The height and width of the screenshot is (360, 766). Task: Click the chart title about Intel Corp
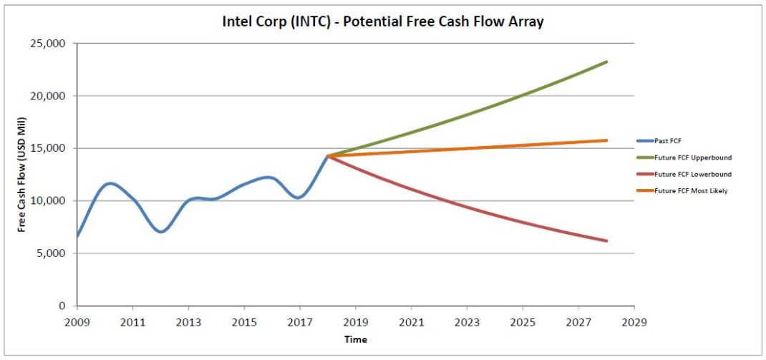coord(383,21)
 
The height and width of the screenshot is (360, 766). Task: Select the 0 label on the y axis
coord(63,306)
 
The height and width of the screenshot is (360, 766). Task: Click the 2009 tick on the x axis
coord(77,322)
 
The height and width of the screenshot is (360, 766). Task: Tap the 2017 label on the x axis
coord(300,322)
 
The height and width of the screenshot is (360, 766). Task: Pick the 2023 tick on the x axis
coord(467,322)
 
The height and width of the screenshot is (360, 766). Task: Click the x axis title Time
coord(356,339)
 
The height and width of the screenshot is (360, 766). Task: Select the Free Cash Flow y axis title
coord(22,175)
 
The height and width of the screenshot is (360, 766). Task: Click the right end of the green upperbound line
coord(606,62)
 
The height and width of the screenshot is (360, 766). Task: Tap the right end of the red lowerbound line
coord(606,240)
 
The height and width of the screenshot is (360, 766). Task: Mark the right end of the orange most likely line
coord(606,140)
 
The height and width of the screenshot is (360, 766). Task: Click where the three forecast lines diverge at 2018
coord(328,156)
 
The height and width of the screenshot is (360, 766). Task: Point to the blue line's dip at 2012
coord(161,232)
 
